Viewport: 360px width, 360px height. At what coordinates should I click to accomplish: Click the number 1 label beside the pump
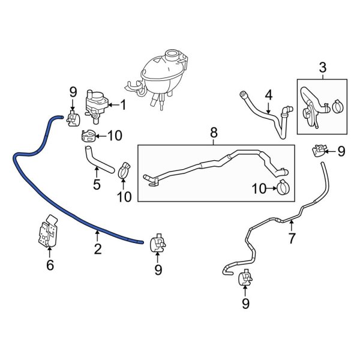click(x=123, y=106)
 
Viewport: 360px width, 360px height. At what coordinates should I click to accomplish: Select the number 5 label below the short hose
click(x=97, y=184)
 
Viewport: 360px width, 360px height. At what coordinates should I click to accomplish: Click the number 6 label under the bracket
click(x=50, y=264)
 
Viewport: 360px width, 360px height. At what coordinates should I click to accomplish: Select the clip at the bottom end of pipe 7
click(x=245, y=278)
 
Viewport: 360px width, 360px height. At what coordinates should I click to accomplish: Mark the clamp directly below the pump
click(x=88, y=136)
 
